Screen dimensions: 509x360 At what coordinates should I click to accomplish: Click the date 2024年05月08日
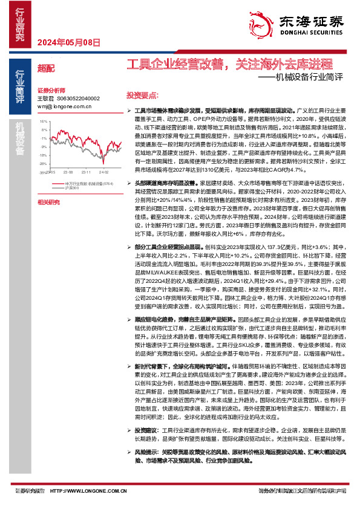68,42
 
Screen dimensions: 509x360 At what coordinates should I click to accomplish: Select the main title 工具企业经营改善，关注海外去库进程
230,63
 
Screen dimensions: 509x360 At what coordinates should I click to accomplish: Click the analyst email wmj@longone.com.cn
64,106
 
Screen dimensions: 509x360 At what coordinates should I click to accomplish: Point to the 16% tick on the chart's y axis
44,121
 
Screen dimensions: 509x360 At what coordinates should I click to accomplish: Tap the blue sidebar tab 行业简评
20,87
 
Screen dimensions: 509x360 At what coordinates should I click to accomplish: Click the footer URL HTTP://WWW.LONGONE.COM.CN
83,491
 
